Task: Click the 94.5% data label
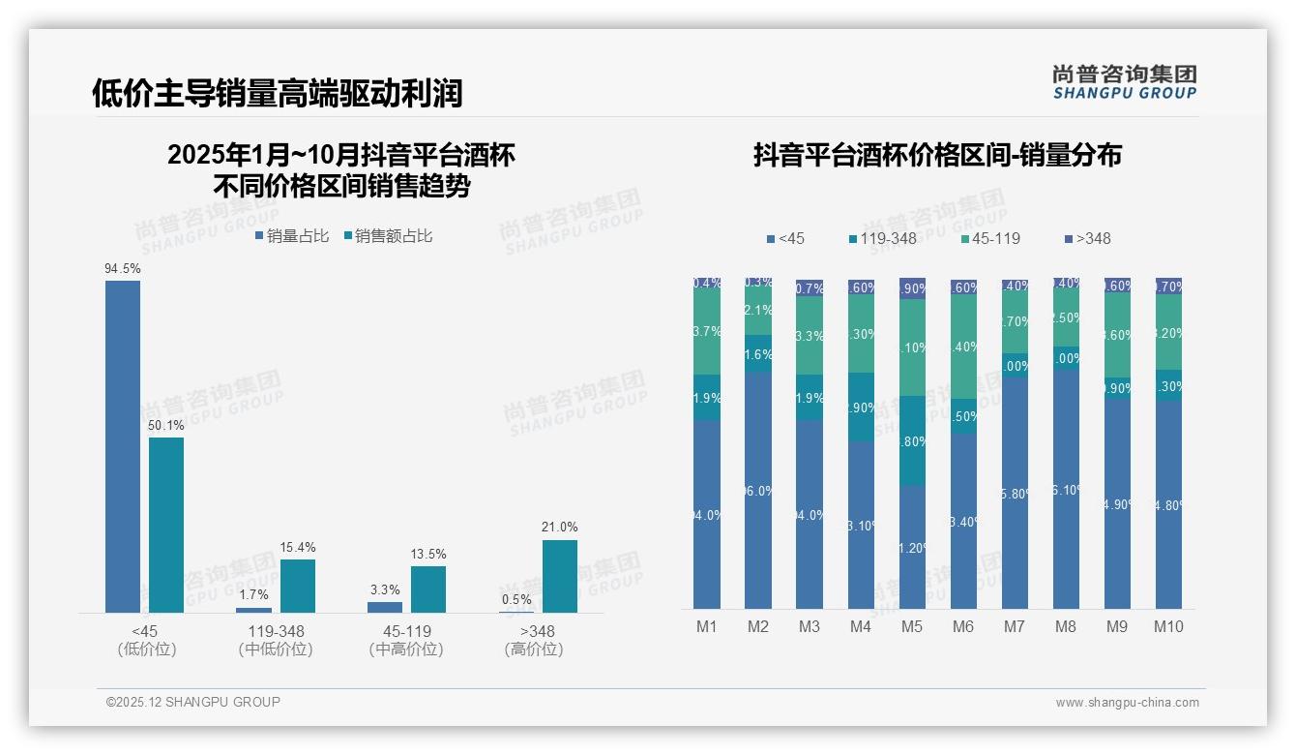123,268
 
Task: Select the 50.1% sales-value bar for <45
166,525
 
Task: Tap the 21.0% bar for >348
559,576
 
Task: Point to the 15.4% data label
297,548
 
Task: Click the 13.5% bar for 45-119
428,589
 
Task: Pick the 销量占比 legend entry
292,235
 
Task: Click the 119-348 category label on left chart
276,631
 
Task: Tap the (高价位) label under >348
534,649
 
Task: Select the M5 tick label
912,626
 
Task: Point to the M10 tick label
1168,626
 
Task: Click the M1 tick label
707,626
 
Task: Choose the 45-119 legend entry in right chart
991,238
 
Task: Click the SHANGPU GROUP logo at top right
1125,82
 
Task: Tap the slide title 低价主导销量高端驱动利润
278,93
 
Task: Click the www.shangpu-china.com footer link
1127,703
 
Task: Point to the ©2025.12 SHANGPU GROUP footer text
193,702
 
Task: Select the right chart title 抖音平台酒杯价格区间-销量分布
937,155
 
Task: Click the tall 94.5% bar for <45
123,445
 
